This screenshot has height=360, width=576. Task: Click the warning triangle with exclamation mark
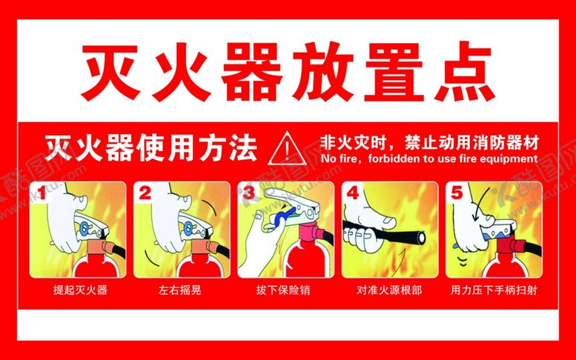[x=287, y=150]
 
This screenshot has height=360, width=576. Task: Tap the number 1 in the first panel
[x=42, y=193]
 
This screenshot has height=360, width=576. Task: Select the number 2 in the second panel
[x=145, y=193]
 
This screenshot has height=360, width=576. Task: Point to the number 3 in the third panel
[x=248, y=193]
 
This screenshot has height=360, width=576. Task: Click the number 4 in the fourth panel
[x=353, y=193]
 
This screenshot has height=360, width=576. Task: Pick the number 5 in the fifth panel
[x=457, y=193]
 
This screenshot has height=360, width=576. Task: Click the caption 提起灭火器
[x=80, y=290]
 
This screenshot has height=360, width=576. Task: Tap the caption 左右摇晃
[x=180, y=290]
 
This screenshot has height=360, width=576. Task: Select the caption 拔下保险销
[x=283, y=290]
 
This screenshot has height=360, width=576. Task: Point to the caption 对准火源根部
[x=389, y=290]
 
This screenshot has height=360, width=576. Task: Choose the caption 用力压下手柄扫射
[x=494, y=290]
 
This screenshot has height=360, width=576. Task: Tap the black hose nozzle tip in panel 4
[x=421, y=238]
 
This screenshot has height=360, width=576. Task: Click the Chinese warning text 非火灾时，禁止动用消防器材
[x=430, y=143]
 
